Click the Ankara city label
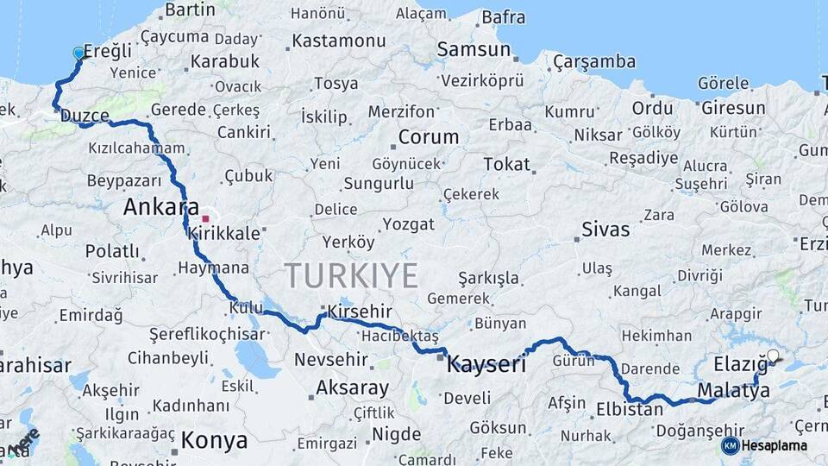tap(155, 207)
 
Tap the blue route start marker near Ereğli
tap(79, 54)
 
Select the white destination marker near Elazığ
tap(773, 356)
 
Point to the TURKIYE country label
tap(351, 276)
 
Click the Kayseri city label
tap(486, 364)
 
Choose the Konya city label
tap(214, 441)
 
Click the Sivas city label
tap(605, 230)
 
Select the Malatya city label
tap(733, 391)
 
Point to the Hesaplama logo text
tap(775, 445)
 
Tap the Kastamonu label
tap(338, 41)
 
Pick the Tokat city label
tap(506, 164)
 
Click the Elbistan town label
tap(630, 409)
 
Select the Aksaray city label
tap(353, 387)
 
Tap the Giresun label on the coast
tap(733, 109)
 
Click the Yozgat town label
tap(408, 224)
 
